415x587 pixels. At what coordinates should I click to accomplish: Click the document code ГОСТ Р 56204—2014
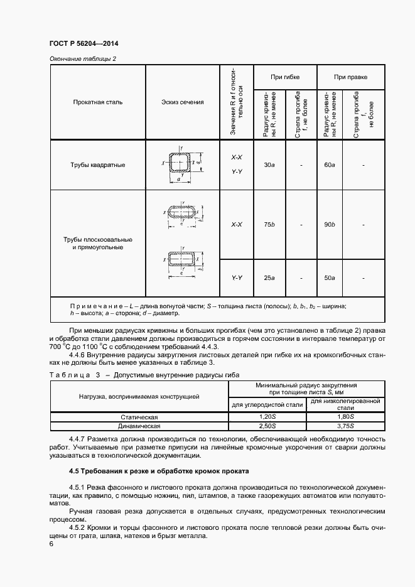coord(84,44)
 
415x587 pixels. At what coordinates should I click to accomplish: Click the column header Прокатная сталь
coord(97,101)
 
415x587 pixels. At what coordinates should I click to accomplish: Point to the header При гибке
coord(284,77)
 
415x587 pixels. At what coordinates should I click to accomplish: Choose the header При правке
coord(350,77)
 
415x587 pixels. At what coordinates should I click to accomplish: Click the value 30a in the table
coord(269,165)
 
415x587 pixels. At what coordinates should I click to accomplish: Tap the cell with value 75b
coord(269,224)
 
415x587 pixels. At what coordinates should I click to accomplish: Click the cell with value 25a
coord(269,277)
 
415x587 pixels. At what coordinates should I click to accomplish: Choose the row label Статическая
coord(139,417)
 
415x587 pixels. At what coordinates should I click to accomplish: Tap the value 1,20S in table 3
coord(267,417)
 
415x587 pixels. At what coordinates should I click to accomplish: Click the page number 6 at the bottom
coord(51,544)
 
